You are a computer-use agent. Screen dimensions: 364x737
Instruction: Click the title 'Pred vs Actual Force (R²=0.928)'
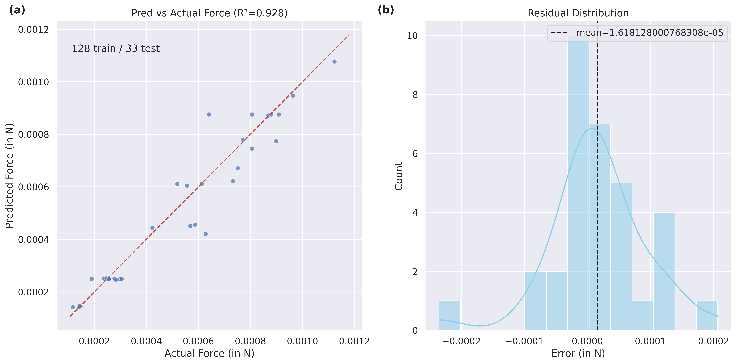[x=209, y=13]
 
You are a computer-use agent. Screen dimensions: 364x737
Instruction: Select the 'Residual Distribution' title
[x=578, y=13]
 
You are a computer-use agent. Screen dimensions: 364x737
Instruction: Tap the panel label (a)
[x=17, y=10]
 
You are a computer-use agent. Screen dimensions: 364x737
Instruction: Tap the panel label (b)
[x=386, y=10]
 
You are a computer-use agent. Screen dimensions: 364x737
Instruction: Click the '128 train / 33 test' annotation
[x=116, y=48]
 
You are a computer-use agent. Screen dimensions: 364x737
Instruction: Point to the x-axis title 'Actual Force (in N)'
[x=209, y=353]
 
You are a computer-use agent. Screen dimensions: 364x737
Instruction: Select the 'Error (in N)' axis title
[x=578, y=353]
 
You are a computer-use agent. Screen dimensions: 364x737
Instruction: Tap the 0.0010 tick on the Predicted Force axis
[x=33, y=82]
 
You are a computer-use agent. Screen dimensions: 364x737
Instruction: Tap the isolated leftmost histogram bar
[x=449, y=315]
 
